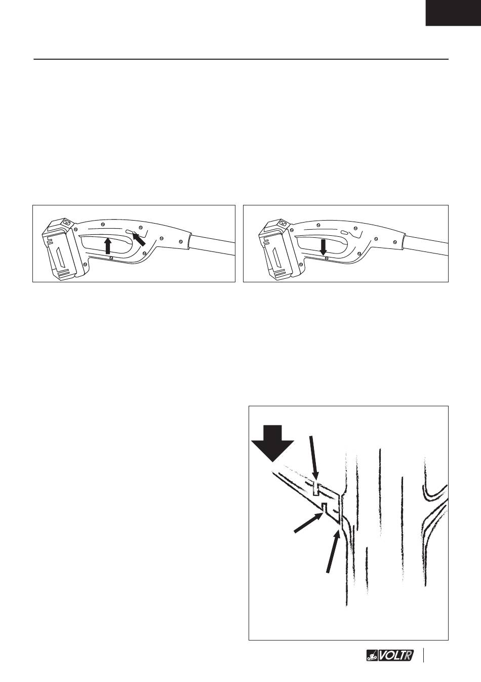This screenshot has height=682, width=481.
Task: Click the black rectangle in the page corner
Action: (453, 13)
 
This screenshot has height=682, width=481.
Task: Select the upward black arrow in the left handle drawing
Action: (107, 246)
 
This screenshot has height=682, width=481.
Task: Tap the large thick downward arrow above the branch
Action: (272, 443)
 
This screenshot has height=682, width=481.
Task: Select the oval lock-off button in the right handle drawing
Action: (344, 232)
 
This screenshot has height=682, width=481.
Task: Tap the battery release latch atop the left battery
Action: (67, 222)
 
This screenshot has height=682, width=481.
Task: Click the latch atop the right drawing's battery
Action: (284, 222)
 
